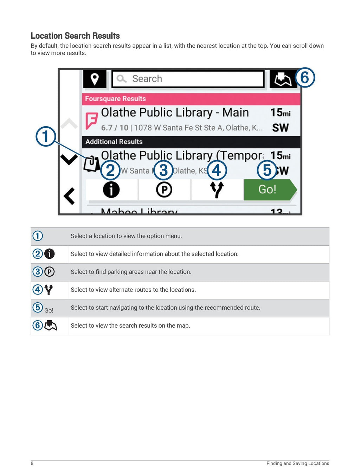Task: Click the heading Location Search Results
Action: pyautogui.click(x=75, y=36)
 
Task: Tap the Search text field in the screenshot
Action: pyautogui.click(x=188, y=79)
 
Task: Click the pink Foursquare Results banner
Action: pyautogui.click(x=191, y=99)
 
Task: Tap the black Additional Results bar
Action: pyautogui.click(x=191, y=142)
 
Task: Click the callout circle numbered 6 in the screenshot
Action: pyautogui.click(x=305, y=77)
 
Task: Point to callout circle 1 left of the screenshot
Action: pyautogui.click(x=46, y=136)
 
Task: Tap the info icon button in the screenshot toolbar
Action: pyautogui.click(x=111, y=190)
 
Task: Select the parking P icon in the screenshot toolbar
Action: pyautogui.click(x=164, y=190)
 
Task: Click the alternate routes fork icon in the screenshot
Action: pyautogui.click(x=217, y=189)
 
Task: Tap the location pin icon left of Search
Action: pyautogui.click(x=95, y=79)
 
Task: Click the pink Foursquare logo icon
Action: pyautogui.click(x=91, y=121)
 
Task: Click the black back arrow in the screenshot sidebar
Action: pyautogui.click(x=69, y=196)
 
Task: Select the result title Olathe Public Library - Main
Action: pyautogui.click(x=175, y=112)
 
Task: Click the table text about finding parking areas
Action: pyautogui.click(x=131, y=272)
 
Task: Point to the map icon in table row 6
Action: pyautogui.click(x=51, y=326)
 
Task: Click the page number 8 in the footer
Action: pyautogui.click(x=32, y=463)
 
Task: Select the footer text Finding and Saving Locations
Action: pyautogui.click(x=297, y=463)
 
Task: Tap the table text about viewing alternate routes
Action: pyautogui.click(x=133, y=290)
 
